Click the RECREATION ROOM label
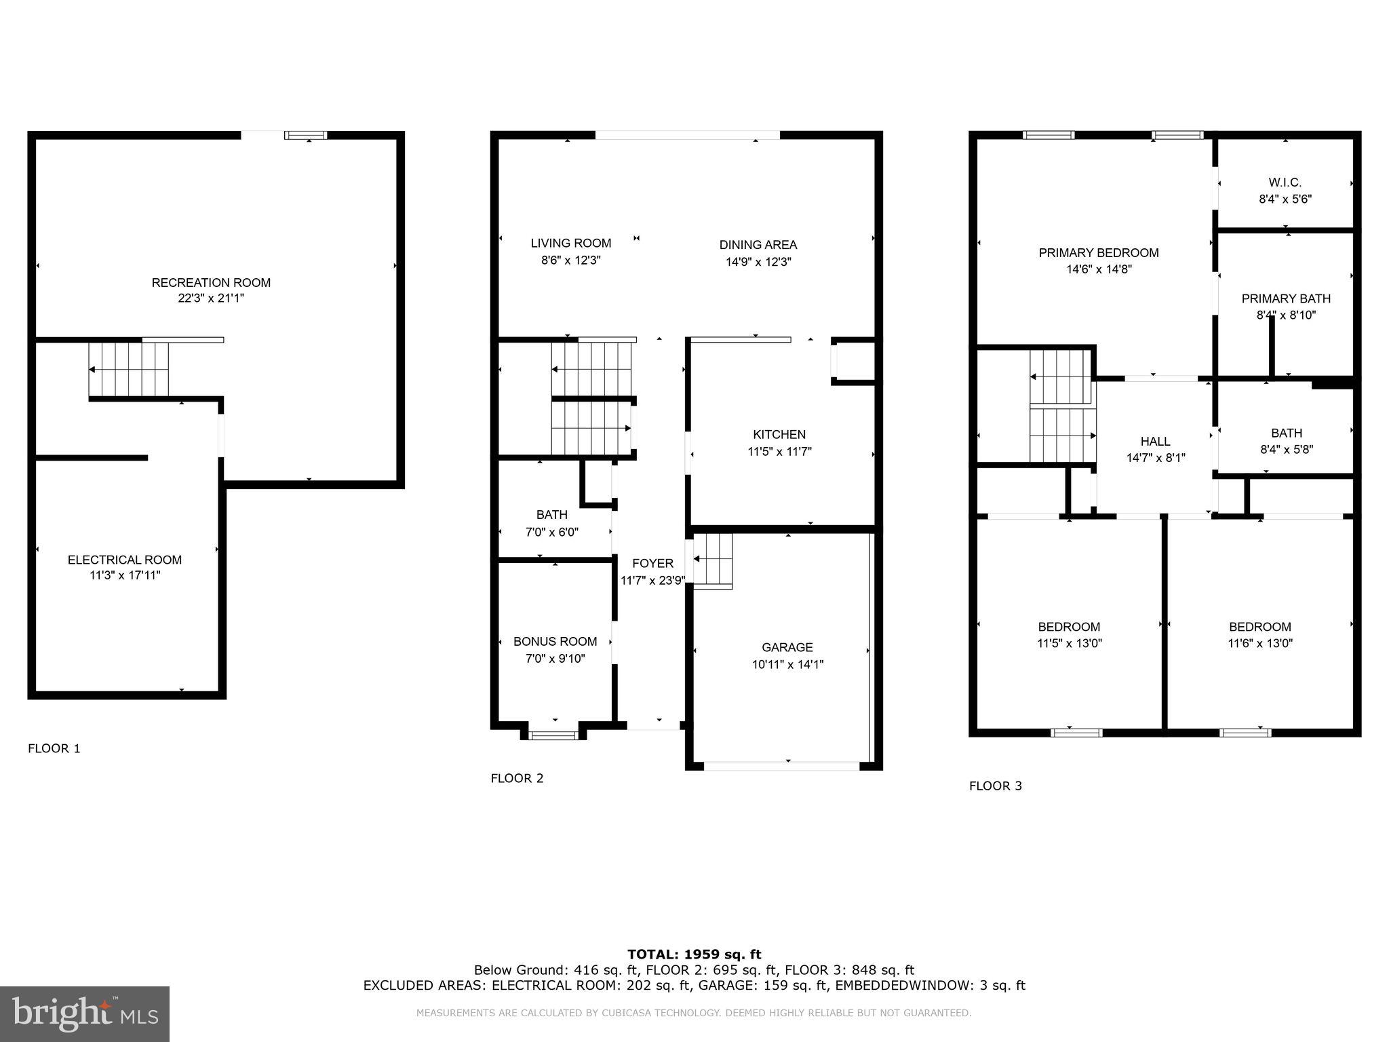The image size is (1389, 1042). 211,282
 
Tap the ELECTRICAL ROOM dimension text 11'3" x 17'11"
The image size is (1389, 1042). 125,576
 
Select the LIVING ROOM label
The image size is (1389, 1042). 570,243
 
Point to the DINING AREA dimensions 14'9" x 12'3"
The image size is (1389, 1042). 758,262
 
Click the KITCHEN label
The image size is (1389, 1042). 779,434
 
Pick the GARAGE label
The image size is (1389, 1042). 787,647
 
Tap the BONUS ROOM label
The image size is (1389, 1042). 555,641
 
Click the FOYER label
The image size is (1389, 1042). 652,563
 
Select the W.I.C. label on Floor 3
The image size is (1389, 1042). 1285,182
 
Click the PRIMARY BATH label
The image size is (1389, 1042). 1285,298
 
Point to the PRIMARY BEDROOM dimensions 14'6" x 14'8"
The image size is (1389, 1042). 1099,269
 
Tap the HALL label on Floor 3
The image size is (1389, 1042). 1155,441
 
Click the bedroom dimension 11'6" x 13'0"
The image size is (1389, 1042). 1259,644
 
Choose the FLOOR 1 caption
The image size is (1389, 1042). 54,748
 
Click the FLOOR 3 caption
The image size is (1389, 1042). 995,786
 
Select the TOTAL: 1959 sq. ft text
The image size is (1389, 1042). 694,954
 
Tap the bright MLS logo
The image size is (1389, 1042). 85,1014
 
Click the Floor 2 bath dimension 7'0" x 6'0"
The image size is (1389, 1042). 551,533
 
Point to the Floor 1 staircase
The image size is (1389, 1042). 129,369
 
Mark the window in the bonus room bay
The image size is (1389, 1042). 553,734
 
